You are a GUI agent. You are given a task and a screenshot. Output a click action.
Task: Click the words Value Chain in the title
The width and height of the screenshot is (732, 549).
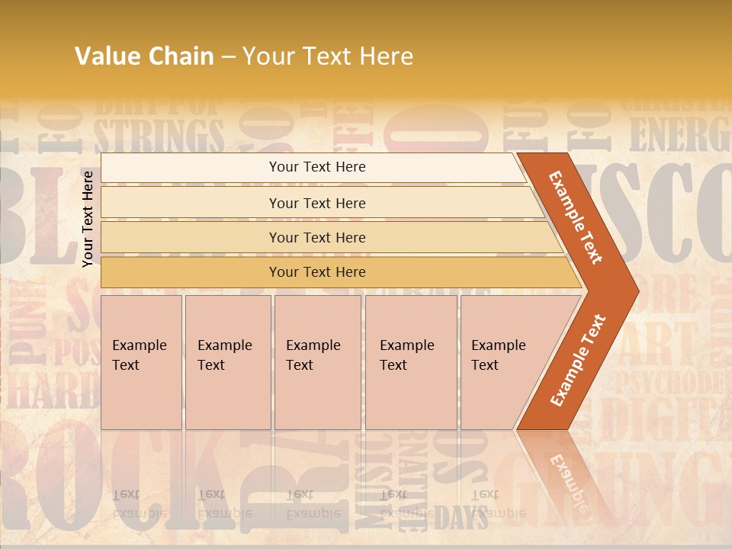point(144,56)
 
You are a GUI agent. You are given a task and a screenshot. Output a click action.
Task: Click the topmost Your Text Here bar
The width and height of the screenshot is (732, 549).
point(316,167)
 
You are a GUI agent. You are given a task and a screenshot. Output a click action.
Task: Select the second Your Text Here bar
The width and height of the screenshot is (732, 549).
point(316,203)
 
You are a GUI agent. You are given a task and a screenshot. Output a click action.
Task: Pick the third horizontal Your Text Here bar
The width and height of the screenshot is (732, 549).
point(316,237)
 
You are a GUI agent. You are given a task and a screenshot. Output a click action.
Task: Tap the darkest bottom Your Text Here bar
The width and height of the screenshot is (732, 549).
point(316,272)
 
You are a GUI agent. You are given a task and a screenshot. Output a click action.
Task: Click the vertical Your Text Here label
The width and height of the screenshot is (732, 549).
point(88,219)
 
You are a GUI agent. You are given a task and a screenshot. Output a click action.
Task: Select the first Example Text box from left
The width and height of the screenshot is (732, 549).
point(141,362)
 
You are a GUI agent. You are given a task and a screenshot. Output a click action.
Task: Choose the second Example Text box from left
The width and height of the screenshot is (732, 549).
point(228,362)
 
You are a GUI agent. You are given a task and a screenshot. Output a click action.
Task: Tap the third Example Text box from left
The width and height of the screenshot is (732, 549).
point(317,362)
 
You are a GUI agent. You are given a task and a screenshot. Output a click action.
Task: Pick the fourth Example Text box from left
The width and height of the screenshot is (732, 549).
point(411,362)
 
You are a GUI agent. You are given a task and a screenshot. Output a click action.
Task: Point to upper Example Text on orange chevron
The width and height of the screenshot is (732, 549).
point(576,217)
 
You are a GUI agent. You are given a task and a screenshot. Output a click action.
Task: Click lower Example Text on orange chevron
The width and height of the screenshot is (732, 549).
point(577,361)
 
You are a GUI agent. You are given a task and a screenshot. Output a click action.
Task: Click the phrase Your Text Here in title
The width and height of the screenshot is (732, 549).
point(328,56)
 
